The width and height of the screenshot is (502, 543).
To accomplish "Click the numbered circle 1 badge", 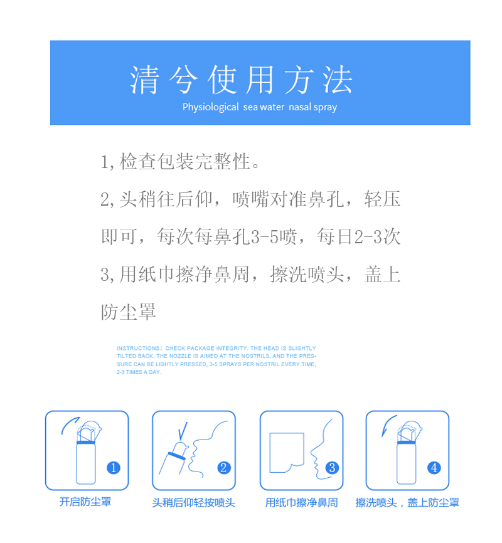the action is coord(114,468).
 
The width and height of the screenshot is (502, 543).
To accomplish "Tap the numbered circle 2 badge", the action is coord(223,468).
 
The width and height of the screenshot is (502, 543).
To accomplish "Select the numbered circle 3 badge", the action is coord(332,468).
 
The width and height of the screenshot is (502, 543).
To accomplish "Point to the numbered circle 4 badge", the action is coord(434,468).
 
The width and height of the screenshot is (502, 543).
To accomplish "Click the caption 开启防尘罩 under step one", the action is coord(85,502).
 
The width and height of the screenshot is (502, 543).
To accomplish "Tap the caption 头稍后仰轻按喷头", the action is coord(193,502).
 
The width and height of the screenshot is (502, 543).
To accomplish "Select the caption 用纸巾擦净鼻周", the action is coord(301,502).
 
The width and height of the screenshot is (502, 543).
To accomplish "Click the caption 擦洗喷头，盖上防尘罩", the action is coord(407,502).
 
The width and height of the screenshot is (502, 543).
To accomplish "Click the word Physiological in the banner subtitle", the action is coord(211,107).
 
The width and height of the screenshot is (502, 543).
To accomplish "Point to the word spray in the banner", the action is coord(325,107).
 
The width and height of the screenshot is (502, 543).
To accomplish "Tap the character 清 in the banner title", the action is coord(144,80).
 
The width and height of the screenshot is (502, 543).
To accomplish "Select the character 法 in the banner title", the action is coord(338,80).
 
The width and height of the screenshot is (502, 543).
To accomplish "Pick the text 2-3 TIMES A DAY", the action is coord(139,372).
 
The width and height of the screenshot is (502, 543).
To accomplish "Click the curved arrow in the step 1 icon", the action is coord(70,425).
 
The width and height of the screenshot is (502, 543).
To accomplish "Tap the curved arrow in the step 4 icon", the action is coord(388,425).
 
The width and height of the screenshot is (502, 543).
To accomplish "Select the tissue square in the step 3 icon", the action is coord(287,452).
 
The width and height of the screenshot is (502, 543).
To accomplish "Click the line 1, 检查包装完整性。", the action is coord(180,162).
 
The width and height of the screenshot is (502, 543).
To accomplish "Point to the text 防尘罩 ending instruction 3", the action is coord(128,312).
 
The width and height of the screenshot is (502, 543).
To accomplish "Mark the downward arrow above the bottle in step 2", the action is coord(182,431).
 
